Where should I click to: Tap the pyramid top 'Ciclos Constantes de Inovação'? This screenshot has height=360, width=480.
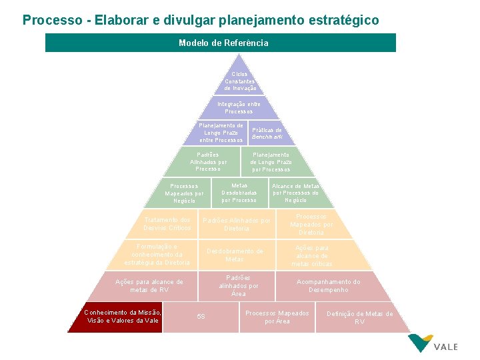[x=240, y=81]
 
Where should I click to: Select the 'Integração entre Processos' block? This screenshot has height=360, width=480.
[x=239, y=107]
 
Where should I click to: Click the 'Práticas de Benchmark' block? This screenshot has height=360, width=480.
[x=267, y=133]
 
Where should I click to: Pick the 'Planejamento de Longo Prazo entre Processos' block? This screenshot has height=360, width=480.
[x=221, y=133]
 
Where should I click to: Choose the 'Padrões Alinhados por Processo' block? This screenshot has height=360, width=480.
[x=208, y=161]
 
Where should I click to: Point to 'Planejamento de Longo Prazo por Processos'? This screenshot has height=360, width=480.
[x=271, y=161]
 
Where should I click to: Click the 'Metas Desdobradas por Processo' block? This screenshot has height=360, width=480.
[x=239, y=193]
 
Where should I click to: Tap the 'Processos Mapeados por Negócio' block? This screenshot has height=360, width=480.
[x=184, y=193]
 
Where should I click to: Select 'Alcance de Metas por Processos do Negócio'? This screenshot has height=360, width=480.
[x=295, y=193]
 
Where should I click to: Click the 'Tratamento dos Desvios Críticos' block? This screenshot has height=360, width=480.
[x=167, y=224]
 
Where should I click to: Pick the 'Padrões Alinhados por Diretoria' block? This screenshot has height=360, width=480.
[x=236, y=224]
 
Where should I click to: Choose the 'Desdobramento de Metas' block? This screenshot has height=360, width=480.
[x=235, y=255]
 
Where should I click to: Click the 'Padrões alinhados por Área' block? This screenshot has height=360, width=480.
[x=239, y=285]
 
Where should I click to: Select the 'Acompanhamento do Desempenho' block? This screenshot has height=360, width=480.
[x=328, y=285]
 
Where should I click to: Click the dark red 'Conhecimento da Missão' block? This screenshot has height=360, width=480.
[x=122, y=316]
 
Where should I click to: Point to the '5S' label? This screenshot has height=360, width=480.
[x=201, y=316]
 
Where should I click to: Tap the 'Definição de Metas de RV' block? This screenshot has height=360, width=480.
[x=359, y=317]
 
